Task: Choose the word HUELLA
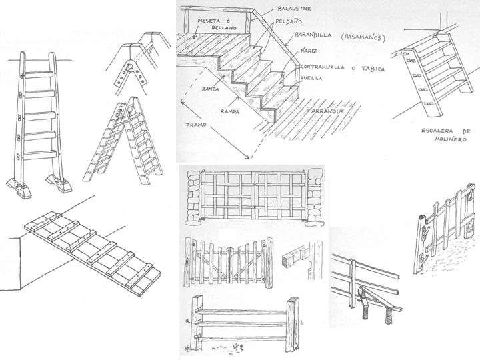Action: tap(313, 79)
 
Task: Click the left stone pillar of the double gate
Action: tap(193, 197)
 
